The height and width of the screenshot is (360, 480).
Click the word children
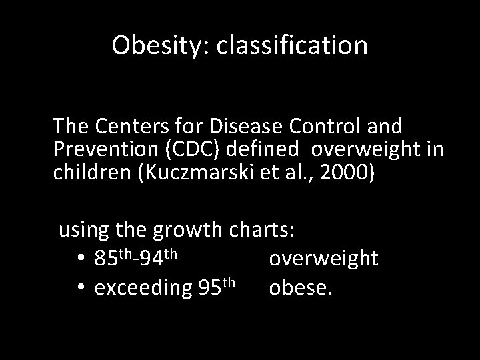(93, 173)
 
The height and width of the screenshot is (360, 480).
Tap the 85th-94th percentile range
(135, 257)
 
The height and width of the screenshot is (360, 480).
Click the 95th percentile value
(217, 287)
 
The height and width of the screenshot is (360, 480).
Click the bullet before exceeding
(79, 288)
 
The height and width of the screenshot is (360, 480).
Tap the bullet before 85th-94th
(79, 258)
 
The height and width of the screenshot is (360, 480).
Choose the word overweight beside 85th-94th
(323, 258)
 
